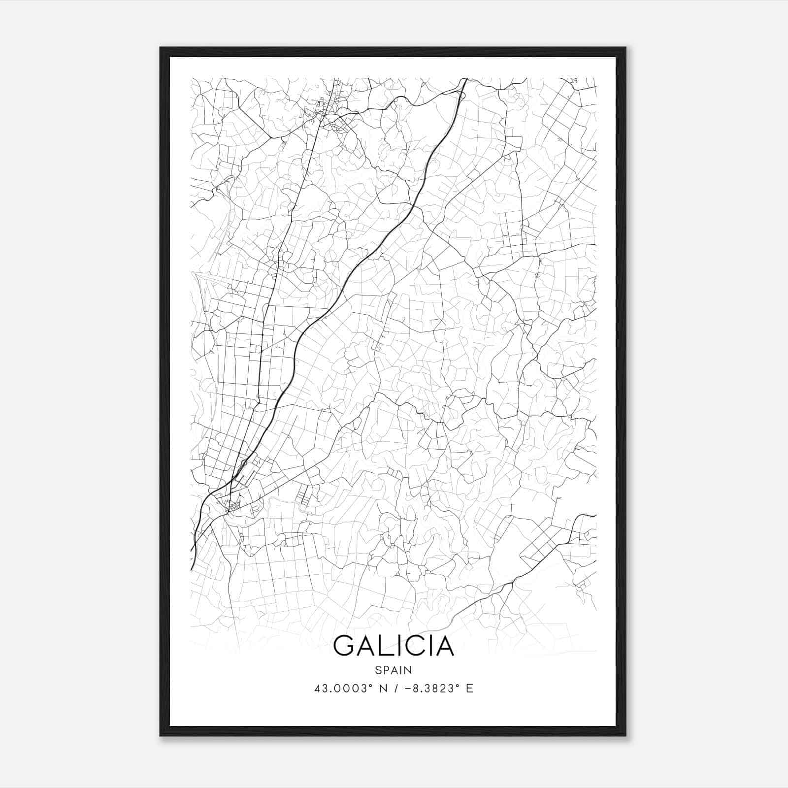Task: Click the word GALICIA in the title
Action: pos(394,646)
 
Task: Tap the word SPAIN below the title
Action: pos(394,670)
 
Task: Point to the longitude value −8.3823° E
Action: pos(433,689)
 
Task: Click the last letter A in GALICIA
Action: pos(444,646)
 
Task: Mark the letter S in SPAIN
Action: pos(378,670)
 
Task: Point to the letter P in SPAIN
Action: pos(385,670)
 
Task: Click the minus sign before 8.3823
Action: pos(407,689)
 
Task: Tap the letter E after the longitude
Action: pos(469,689)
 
